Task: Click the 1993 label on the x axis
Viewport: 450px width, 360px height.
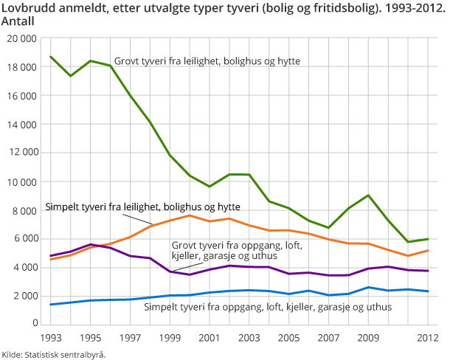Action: point(49,339)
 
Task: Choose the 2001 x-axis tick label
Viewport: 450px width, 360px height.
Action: point(209,339)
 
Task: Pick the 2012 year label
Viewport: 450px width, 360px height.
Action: point(427,339)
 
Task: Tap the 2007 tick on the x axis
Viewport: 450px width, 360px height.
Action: point(328,339)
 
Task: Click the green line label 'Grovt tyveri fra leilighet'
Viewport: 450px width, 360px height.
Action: point(207,60)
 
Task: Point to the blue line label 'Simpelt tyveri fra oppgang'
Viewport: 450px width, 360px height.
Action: point(268,306)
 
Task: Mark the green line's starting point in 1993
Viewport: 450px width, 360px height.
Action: point(50,57)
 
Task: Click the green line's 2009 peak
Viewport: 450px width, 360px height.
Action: point(368,195)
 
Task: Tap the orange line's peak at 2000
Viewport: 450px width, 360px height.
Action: point(189,215)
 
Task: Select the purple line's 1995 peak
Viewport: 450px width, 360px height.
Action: point(89,244)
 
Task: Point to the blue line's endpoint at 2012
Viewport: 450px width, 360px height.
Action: point(427,291)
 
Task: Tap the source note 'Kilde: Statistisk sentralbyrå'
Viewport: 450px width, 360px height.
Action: point(53,354)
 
